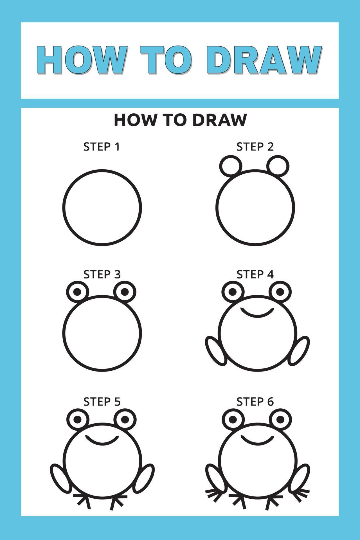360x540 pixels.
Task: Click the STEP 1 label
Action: coord(102,147)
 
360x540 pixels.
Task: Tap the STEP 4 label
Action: coord(255,274)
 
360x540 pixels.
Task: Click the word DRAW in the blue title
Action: coord(266,60)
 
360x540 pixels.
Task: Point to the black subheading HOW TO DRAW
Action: coord(180,120)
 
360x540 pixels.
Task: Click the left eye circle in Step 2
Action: coord(230,166)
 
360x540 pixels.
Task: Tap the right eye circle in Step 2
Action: coord(278,166)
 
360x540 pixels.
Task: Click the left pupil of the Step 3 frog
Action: coord(77,292)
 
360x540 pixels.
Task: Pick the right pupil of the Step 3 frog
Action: coord(125,292)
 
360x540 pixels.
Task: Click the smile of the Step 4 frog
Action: coord(257,313)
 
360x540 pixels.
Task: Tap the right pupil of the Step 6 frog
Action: coord(280,420)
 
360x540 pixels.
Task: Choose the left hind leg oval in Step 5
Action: coord(60,479)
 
